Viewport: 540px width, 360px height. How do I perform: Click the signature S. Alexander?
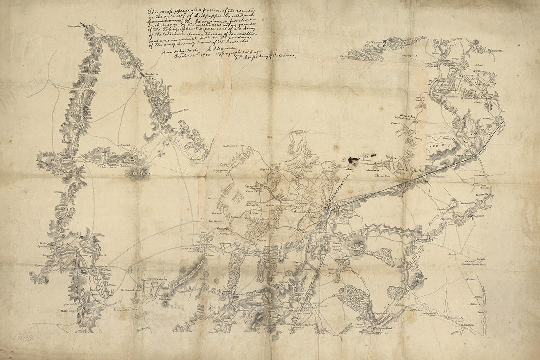(207, 51)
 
